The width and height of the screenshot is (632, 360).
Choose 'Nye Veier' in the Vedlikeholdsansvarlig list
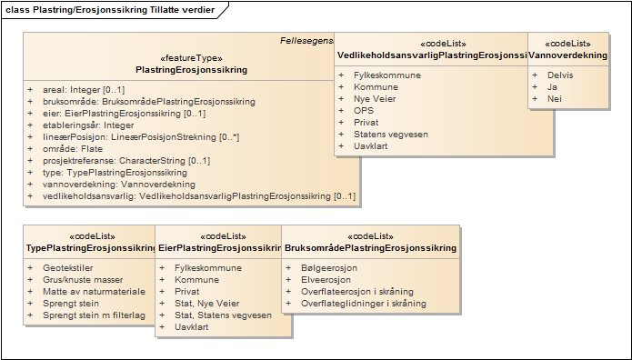(x=375, y=98)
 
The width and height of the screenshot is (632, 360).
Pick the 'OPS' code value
(x=364, y=110)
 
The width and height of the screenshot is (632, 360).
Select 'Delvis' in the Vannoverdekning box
(x=560, y=75)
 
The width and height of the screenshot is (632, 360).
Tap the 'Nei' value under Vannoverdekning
(x=554, y=98)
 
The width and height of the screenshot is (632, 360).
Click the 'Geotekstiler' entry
(x=69, y=268)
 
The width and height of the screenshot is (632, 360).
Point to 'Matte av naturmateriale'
(x=94, y=292)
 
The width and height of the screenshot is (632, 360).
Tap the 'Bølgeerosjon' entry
(x=329, y=268)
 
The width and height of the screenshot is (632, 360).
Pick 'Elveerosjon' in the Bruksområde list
(x=326, y=280)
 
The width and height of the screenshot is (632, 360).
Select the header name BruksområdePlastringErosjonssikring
(x=370, y=247)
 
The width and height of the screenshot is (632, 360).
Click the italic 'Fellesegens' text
(x=306, y=42)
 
